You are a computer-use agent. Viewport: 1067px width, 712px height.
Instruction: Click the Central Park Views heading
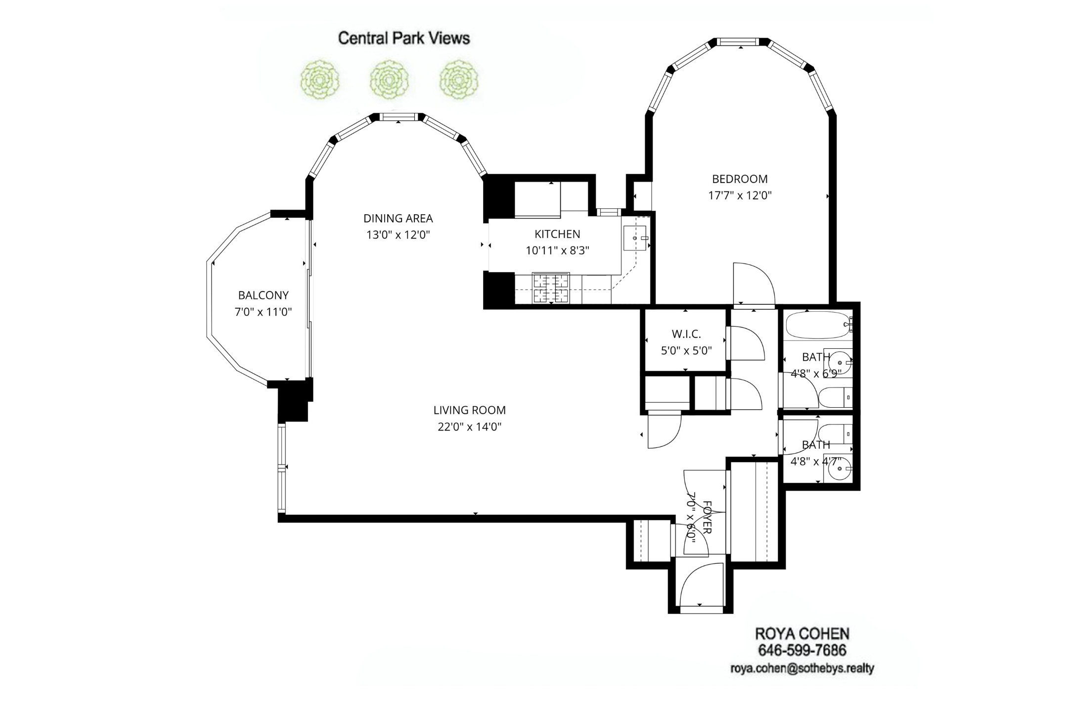coord(403,38)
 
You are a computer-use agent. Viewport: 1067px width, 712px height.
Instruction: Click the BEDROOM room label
coord(740,179)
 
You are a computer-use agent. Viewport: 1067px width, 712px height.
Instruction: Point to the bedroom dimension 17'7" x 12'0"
coord(740,195)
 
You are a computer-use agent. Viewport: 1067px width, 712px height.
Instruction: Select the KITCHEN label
coord(557,234)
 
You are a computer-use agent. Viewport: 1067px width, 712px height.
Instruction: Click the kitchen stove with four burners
coord(551,288)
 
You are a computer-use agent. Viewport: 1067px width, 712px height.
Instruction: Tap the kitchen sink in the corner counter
coord(635,238)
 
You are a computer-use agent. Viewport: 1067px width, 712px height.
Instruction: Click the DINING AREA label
coord(398,218)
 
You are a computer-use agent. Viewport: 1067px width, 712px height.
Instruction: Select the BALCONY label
coord(263,295)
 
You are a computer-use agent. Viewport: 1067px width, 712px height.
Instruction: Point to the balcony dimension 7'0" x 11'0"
coord(263,312)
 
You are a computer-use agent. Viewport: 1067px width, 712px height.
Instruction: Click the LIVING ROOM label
coord(469,410)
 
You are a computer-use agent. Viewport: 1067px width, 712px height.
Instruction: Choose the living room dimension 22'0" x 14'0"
coord(469,427)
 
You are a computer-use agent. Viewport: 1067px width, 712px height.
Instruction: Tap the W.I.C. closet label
coord(686,334)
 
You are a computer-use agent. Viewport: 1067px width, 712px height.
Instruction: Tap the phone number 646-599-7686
coord(802,650)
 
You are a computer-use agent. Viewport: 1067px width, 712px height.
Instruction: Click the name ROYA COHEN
coord(802,634)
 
